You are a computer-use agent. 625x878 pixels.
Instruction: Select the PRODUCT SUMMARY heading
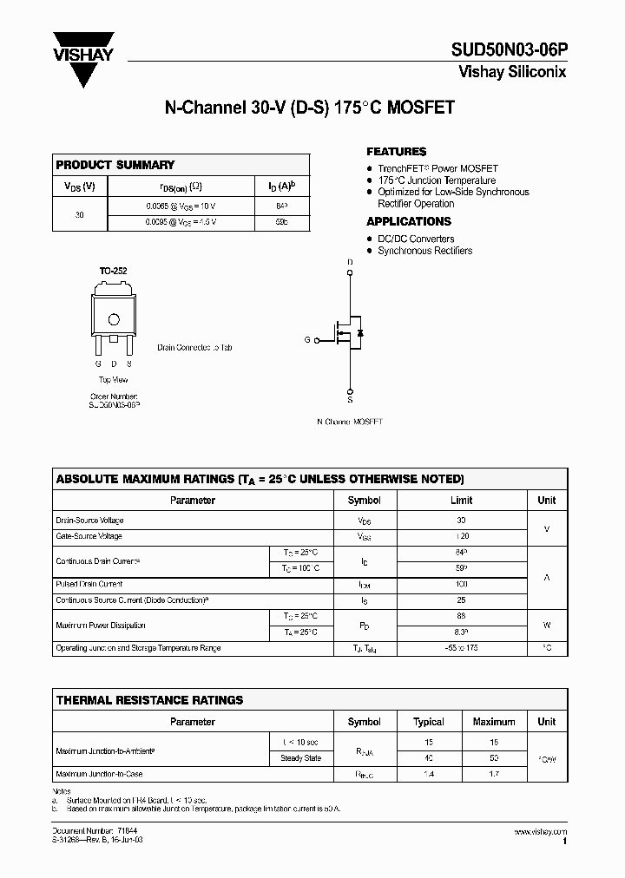click(x=115, y=165)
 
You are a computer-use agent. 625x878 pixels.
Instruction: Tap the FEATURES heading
click(x=396, y=151)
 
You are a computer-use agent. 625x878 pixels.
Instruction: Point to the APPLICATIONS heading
click(x=408, y=221)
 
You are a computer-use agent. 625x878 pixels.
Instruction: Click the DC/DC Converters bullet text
click(x=416, y=239)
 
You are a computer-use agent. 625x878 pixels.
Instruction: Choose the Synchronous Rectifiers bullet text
click(x=424, y=251)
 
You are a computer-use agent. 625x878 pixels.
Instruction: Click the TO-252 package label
click(x=113, y=272)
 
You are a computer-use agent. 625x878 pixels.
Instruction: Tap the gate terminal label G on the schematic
click(x=307, y=340)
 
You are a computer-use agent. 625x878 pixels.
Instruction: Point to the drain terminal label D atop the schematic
click(x=350, y=262)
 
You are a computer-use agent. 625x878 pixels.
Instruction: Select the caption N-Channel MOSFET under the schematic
click(x=349, y=421)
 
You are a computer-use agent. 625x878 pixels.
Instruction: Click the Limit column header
click(x=461, y=501)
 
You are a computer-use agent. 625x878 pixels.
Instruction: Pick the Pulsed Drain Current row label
click(x=89, y=585)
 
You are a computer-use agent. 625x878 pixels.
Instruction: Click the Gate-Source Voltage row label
click(x=89, y=537)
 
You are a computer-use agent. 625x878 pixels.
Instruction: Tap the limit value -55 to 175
click(x=461, y=648)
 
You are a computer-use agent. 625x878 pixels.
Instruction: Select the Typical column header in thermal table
click(x=429, y=722)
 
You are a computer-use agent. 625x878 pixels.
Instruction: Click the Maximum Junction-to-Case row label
click(x=98, y=774)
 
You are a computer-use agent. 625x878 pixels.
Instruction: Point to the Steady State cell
click(x=300, y=758)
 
